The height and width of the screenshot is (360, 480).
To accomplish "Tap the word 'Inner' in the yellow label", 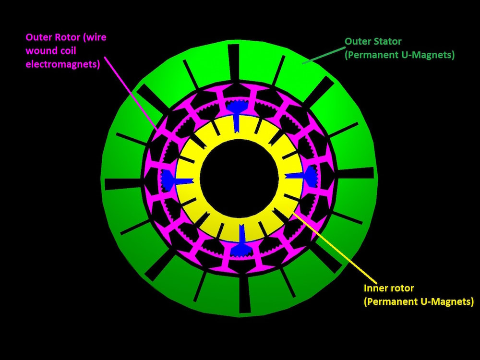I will click(x=375, y=288).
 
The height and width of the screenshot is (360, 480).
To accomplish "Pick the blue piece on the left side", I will click(x=169, y=179).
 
